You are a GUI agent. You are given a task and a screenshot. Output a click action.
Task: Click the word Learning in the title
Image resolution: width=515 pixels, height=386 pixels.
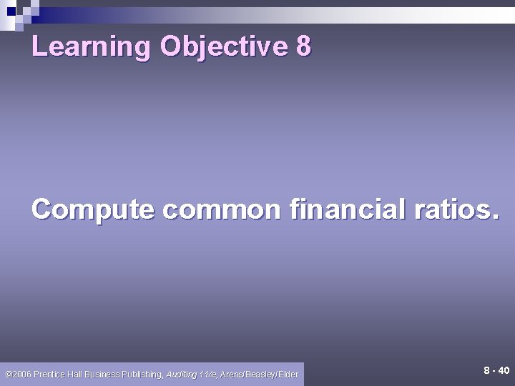[92, 46]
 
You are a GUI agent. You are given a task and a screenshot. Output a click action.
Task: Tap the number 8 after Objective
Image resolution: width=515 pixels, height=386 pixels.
[303, 46]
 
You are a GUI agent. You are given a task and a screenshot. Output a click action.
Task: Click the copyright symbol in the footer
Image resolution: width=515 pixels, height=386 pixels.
[8, 374]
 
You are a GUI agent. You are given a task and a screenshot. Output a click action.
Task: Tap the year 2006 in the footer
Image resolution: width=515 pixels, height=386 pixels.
[21, 374]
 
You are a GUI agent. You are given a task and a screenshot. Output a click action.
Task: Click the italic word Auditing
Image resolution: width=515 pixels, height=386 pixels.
[182, 374]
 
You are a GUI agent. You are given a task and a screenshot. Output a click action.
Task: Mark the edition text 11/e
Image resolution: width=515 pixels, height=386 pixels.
[208, 374]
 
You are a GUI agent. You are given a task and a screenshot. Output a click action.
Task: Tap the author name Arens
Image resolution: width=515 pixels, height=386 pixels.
[232, 374]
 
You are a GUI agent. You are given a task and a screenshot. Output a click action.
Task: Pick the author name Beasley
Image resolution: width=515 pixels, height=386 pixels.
[263, 374]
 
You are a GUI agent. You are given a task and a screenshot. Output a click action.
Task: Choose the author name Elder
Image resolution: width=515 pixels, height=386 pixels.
[289, 374]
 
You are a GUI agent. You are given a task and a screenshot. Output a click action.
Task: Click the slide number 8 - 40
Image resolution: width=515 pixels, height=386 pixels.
[496, 370]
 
